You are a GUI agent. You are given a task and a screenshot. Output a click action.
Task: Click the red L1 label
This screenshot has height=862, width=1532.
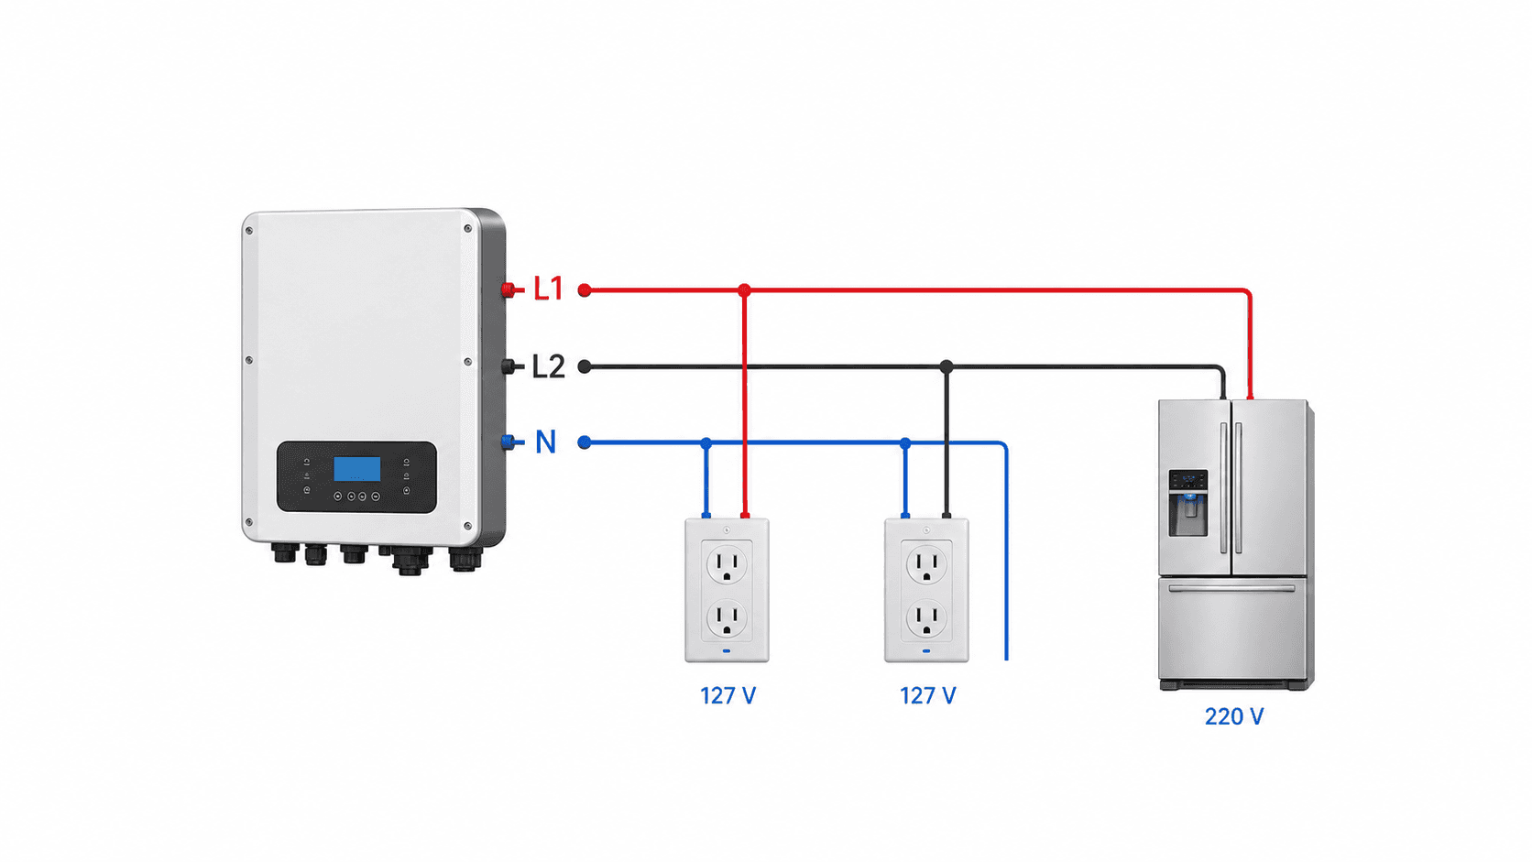pyautogui.click(x=549, y=289)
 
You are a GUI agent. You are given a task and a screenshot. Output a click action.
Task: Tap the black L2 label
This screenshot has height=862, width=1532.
pyautogui.click(x=549, y=366)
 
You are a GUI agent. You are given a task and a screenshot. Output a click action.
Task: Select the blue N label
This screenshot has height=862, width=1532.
pyautogui.click(x=545, y=442)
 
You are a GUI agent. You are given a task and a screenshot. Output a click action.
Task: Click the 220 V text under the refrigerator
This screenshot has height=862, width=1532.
pyautogui.click(x=1234, y=716)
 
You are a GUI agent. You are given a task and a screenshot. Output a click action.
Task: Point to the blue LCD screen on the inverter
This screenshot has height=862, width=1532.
pyautogui.click(x=357, y=469)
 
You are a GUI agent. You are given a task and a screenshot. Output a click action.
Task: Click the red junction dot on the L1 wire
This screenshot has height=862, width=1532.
pyautogui.click(x=744, y=290)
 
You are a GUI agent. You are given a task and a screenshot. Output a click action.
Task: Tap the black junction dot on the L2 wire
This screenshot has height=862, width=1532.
pyautogui.click(x=946, y=366)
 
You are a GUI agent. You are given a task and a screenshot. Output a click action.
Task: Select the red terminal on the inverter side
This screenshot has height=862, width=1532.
pyautogui.click(x=509, y=289)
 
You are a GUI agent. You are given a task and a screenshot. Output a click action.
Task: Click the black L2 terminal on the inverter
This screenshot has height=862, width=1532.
pyautogui.click(x=509, y=366)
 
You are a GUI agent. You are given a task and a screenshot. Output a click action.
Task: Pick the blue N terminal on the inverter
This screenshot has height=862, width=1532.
pyautogui.click(x=509, y=442)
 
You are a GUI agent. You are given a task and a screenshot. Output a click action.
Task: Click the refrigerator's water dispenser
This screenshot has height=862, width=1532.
pyautogui.click(x=1188, y=503)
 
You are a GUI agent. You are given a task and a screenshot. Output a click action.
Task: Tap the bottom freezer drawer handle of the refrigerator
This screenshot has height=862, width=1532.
pyautogui.click(x=1231, y=588)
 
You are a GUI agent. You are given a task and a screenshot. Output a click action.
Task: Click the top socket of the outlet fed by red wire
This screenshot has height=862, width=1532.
pyautogui.click(x=727, y=565)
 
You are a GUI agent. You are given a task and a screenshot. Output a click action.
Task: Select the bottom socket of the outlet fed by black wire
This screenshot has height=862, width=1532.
pyautogui.click(x=926, y=619)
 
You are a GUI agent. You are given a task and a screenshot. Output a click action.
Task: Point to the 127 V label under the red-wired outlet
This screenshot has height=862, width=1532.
pyautogui.click(x=728, y=696)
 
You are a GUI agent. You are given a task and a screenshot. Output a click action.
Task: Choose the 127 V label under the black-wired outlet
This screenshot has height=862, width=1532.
pyautogui.click(x=927, y=696)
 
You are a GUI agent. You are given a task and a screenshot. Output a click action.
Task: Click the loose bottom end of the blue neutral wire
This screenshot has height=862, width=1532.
pyautogui.click(x=1007, y=660)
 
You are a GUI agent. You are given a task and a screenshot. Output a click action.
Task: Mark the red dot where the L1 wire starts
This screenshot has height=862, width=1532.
pyautogui.click(x=584, y=290)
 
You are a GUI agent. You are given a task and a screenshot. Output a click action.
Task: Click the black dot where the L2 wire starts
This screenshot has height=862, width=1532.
pyautogui.click(x=584, y=367)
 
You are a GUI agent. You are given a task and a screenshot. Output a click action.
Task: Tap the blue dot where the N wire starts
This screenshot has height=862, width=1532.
pyautogui.click(x=584, y=443)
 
